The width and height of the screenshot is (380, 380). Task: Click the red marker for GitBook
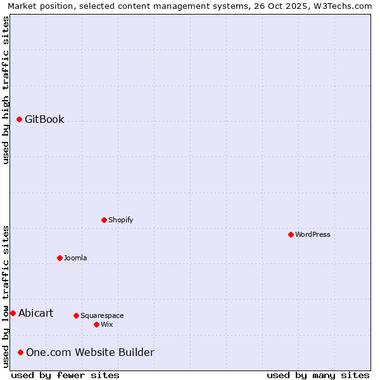[x=19, y=119]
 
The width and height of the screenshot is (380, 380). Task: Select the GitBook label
[x=44, y=119]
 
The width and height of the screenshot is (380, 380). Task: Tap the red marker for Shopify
[x=104, y=220]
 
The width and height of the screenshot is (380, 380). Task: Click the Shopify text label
[x=120, y=220]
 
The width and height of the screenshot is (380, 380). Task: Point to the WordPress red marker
[x=291, y=234]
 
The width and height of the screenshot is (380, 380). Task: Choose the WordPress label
[x=313, y=234]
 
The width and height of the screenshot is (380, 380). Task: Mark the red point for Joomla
[x=60, y=258]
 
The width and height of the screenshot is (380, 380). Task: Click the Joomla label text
[x=75, y=258]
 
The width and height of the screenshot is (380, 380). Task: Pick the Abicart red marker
[x=13, y=313]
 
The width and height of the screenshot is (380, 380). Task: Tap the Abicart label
[x=35, y=313]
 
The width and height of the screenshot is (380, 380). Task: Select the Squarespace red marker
[x=76, y=315]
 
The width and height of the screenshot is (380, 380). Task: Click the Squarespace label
[x=102, y=315]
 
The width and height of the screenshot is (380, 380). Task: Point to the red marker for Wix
[x=96, y=324]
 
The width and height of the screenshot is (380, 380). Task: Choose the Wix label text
[x=106, y=324]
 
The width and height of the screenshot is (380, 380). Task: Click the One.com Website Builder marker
[x=21, y=352]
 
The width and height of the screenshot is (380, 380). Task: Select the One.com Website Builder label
[x=90, y=352]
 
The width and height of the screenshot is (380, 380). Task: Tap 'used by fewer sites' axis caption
[x=65, y=375]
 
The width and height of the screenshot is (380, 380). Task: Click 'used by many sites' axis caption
[x=318, y=375]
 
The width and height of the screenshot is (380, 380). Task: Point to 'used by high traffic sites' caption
[x=6, y=90]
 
